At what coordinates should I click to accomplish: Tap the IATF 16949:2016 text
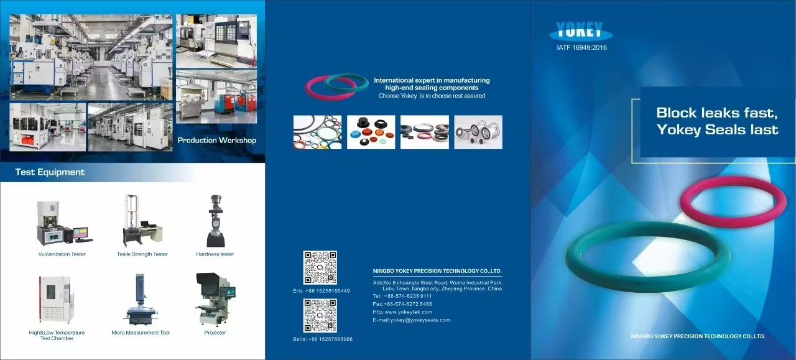point(581,47)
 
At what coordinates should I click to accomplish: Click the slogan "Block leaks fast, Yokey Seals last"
point(717,121)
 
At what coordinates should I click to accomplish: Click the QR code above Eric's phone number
point(320,267)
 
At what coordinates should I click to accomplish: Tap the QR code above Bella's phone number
point(320,315)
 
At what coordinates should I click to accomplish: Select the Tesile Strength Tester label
point(142,254)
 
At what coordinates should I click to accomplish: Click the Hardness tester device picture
point(215,221)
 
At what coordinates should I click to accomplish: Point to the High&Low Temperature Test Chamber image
point(57,300)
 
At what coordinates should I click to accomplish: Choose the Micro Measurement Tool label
point(141,333)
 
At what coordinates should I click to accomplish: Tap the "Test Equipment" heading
point(50,172)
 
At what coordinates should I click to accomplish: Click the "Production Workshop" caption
point(216,141)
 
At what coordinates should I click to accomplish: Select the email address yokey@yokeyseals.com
point(411,320)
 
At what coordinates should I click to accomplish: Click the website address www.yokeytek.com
point(402,312)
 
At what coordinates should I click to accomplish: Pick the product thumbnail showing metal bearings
point(478,132)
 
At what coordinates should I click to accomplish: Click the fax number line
point(402,304)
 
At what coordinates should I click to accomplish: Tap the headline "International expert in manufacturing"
point(432,80)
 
